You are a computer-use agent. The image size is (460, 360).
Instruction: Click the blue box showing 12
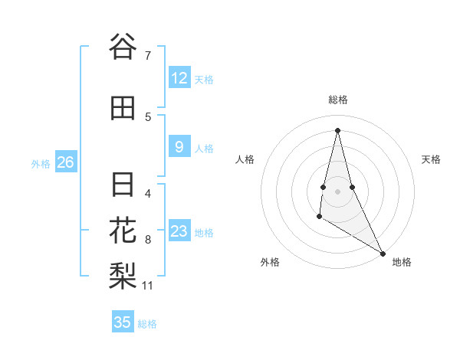[179, 78]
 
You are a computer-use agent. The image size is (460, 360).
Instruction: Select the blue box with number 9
[179, 147]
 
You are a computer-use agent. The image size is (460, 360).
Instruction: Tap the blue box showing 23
[179, 231]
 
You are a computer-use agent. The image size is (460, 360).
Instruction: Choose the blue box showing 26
[66, 162]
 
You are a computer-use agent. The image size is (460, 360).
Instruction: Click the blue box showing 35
[123, 322]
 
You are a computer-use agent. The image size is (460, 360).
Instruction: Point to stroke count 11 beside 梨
[148, 286]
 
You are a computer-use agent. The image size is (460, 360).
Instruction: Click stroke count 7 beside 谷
[148, 55]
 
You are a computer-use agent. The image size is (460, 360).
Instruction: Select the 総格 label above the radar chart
[337, 100]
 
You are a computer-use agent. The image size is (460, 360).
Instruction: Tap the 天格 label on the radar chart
[431, 159]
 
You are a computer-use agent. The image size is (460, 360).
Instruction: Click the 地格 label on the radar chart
[402, 262]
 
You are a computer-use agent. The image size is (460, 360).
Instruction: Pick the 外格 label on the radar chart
[270, 262]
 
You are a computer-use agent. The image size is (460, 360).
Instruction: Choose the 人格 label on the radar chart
[245, 159]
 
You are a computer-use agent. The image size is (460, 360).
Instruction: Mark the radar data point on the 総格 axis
[337, 129]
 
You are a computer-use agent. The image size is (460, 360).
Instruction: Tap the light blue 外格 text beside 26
[41, 163]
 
